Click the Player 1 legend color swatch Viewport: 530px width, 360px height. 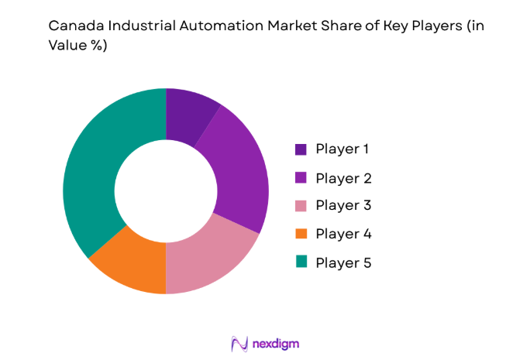pos(301,149)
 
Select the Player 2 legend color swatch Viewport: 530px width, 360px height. pos(301,178)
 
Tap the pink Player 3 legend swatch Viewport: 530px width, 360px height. pos(301,206)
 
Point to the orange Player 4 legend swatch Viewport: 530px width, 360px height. pos(301,235)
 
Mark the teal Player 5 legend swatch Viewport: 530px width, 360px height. pos(301,263)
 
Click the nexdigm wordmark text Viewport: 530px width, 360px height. pos(275,342)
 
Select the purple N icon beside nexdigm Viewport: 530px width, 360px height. pos(239,342)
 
